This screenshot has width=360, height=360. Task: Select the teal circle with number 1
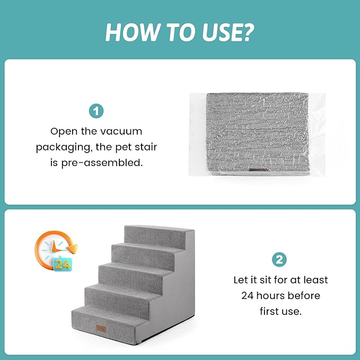96,111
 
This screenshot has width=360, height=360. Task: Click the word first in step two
269,311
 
